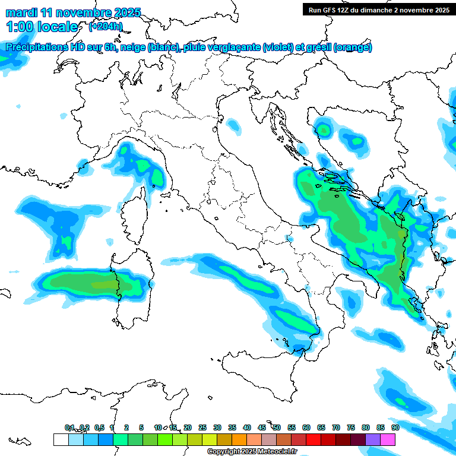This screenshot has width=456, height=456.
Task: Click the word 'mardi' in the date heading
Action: [x=21, y=12]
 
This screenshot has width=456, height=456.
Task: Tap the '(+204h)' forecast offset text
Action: [x=105, y=26]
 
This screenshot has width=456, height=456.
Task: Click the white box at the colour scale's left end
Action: [x=61, y=440]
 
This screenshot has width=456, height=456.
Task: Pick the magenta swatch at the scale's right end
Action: [x=388, y=440]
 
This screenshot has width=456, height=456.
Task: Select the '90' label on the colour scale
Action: [x=395, y=427]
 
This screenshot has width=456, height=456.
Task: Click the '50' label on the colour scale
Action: [x=277, y=427]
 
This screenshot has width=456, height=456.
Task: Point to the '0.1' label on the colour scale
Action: [x=69, y=427]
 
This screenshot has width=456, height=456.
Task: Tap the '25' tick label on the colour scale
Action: [x=202, y=427]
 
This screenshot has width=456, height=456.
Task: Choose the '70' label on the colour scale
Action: [x=336, y=427]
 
